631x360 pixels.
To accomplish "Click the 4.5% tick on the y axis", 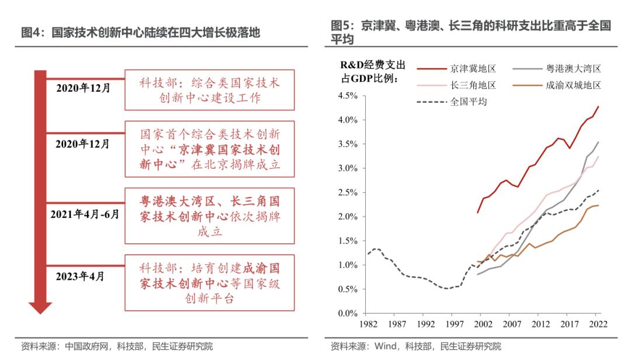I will pos(347,95).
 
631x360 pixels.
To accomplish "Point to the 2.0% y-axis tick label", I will pos(347,216).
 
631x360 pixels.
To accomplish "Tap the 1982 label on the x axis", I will pos(367,324).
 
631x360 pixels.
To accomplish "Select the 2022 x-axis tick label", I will pos(598,324).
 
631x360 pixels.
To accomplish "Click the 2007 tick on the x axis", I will pos(511,324).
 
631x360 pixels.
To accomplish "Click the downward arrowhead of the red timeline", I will pos(40,307).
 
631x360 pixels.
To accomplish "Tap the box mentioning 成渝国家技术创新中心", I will pos(209,283).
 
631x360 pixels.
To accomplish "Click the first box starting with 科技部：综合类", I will pos(209,89).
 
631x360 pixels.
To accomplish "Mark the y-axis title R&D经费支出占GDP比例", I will pos(373,71).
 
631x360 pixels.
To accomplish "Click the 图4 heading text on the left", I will pos(140,33).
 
